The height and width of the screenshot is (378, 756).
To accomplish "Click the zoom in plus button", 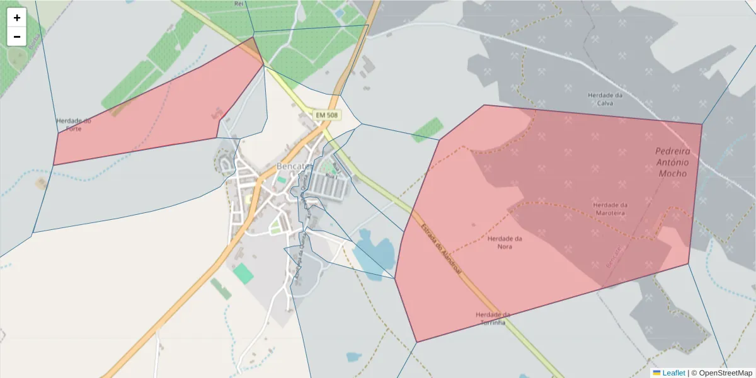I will (17, 18).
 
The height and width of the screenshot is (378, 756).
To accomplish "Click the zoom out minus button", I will (17, 37).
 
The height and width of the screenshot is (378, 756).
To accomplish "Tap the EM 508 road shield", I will (327, 115).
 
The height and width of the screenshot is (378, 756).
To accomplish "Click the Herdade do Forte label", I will (74, 124).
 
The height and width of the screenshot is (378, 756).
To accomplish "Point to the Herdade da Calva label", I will (605, 99).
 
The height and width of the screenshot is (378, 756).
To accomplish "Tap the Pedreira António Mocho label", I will (672, 161).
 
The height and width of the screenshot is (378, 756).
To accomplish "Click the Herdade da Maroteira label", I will (610, 209).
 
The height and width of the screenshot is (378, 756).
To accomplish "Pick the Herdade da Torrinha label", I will (493, 318).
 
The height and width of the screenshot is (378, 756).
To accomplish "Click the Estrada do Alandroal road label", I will (441, 249).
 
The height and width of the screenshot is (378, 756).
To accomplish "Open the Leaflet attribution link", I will (673, 373).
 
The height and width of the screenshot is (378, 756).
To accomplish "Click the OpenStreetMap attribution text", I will (725, 373).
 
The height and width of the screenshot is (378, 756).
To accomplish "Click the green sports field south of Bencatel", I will (243, 273).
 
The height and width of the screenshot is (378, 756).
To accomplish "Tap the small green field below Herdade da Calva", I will (428, 129).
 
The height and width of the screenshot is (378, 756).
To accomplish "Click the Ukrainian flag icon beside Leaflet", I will (656, 373).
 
